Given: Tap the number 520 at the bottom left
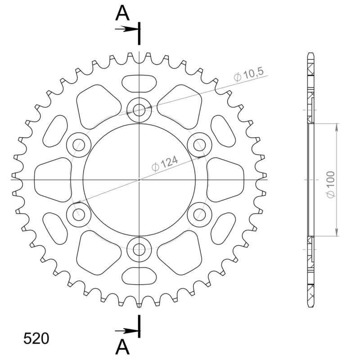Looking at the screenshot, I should [x=36, y=338].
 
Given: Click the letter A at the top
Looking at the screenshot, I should [x=122, y=13].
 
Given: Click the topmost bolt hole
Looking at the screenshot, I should [x=139, y=109].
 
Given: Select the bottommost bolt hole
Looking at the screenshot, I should [x=139, y=249].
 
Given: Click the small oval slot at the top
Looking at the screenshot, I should [x=139, y=83].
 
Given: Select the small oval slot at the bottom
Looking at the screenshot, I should [x=139, y=275].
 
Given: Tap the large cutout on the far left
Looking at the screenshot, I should [x=53, y=179].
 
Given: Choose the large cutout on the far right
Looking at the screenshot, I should [x=225, y=179].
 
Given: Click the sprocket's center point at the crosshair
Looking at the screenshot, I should [x=139, y=180].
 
